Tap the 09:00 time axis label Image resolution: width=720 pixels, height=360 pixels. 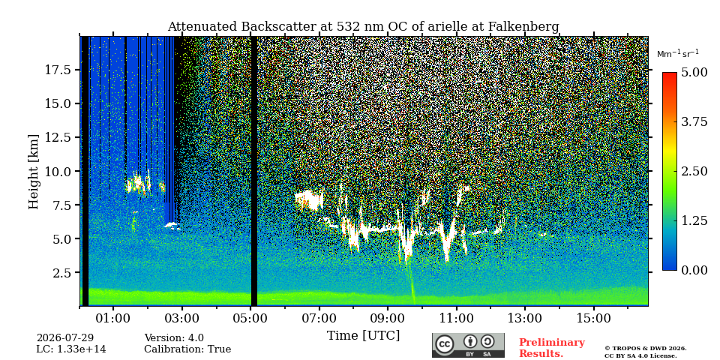[388, 318]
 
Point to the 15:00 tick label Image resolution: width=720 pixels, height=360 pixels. [594, 318]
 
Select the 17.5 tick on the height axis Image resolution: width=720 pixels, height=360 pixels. [58, 70]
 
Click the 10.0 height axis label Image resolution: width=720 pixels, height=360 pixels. [58, 171]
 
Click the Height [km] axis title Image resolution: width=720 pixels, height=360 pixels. [34, 171]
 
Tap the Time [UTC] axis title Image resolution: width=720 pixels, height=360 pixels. [363, 336]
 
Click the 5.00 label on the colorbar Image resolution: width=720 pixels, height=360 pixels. [694, 73]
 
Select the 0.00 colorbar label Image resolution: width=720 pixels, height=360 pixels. [694, 270]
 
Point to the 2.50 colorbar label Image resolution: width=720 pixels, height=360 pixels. [694, 171]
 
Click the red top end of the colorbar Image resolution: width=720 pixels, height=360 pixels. [670, 74]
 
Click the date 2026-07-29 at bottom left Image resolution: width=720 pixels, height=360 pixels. [65, 338]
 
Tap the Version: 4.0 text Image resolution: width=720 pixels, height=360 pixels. [174, 338]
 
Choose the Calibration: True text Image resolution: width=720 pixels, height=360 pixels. [187, 349]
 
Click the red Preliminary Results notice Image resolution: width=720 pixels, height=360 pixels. [552, 348]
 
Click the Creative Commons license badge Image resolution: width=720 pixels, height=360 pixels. [468, 345]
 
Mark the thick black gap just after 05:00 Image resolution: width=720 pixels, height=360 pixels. [254, 171]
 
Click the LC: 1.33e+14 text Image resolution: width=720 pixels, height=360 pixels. [71, 349]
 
